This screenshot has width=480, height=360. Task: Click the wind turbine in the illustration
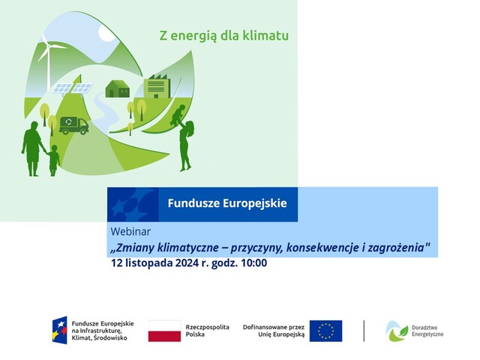point(48,61)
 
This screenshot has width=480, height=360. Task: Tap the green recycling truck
point(73,125)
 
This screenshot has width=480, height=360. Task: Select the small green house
point(118,89)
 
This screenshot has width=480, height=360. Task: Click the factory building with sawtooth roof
point(157,86)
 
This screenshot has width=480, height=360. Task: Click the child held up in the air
point(178,115)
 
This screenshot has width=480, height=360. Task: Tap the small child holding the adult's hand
point(53,160)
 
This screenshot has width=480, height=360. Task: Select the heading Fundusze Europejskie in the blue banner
point(227,203)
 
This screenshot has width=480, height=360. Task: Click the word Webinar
point(130,232)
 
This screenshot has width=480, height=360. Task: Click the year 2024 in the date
point(187,263)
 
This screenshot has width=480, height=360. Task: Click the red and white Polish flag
point(164,331)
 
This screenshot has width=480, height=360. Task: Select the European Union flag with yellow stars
point(325,331)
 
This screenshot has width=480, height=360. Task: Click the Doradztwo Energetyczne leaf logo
point(397,331)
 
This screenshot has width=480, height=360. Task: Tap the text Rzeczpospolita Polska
point(207,331)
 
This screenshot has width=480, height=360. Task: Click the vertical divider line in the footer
point(364,331)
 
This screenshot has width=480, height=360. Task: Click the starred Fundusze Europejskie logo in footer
point(59,330)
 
